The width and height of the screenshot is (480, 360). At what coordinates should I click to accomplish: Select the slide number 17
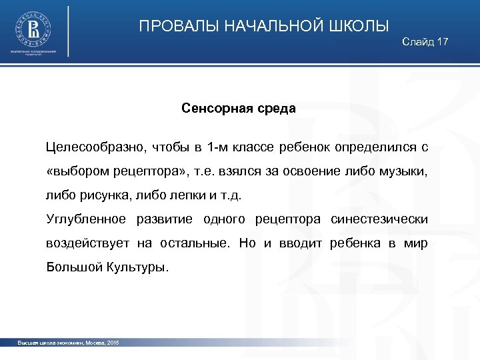point(442,42)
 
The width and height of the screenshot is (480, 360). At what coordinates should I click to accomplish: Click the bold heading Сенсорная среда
point(239,108)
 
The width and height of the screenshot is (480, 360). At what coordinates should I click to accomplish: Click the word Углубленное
point(86,219)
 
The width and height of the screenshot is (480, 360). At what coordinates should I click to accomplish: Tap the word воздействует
point(87,243)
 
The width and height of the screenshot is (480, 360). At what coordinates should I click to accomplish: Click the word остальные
point(190,243)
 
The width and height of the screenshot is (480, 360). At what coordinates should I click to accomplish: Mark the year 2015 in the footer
point(112,343)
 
